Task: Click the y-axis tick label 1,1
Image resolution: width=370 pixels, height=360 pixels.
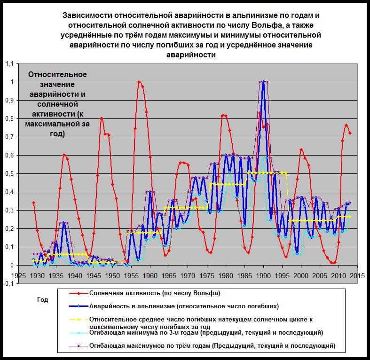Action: click(x=8, y=64)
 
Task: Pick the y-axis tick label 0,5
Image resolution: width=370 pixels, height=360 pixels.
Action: click(x=8, y=173)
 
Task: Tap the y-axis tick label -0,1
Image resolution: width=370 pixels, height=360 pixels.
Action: click(x=8, y=283)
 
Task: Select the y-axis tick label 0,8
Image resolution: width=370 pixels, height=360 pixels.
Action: click(x=8, y=118)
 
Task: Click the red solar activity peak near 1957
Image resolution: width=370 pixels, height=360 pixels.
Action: click(x=139, y=82)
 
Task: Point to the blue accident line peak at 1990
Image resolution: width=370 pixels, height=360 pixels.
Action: click(x=264, y=82)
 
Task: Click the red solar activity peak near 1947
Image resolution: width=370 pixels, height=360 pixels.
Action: click(x=102, y=118)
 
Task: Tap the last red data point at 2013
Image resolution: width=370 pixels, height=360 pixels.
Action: click(x=350, y=133)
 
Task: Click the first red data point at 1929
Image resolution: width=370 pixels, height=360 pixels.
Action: click(x=33, y=203)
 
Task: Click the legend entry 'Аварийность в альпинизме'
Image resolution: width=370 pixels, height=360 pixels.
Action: click(x=183, y=306)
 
